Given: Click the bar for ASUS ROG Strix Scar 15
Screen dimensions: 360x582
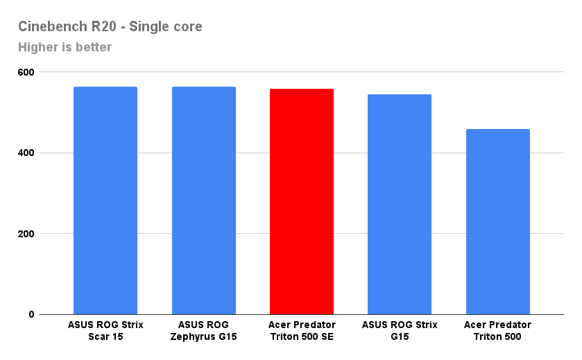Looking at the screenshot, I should (x=105, y=200).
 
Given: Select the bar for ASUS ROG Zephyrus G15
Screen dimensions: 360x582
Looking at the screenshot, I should (x=204, y=200).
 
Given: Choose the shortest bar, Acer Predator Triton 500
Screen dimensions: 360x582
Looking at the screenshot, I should (x=498, y=222).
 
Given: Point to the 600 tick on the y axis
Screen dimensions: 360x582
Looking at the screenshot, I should (x=26, y=72).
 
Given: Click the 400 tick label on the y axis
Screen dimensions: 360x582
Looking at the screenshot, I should (x=26, y=153).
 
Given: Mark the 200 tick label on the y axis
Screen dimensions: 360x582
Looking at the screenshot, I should (x=26, y=234).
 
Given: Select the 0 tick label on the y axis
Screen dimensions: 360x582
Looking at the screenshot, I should (x=32, y=314).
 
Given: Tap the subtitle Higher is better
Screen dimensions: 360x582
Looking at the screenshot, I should (x=65, y=47).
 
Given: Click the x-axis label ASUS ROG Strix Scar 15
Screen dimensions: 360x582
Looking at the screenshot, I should (x=105, y=331).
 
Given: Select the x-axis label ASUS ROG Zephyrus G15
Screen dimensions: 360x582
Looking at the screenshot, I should (x=204, y=331).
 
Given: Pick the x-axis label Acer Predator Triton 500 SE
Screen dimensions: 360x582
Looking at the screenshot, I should (x=302, y=331).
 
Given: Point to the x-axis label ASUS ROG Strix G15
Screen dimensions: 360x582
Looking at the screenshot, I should (x=400, y=331).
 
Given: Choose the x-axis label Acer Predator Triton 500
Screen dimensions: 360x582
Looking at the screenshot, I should (x=498, y=331).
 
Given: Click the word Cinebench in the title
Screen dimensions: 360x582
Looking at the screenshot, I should (x=50, y=27).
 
